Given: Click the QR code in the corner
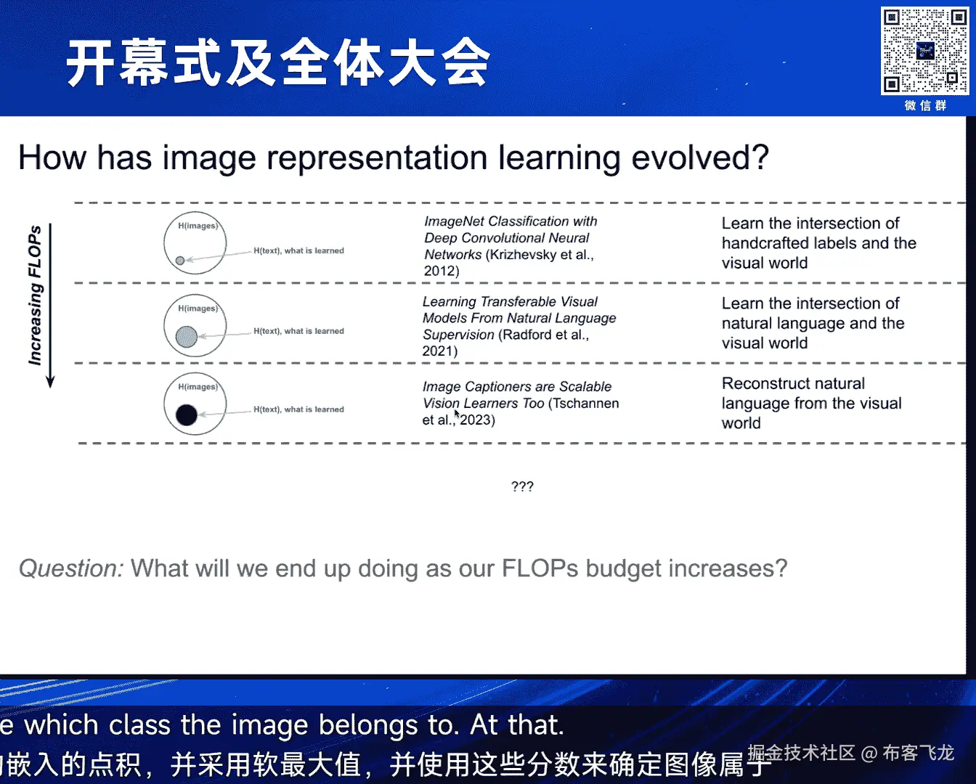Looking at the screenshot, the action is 924,51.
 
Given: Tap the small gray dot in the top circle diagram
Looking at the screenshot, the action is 180,261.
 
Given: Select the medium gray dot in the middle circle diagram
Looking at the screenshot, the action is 187,336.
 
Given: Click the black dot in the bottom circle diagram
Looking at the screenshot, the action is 187,415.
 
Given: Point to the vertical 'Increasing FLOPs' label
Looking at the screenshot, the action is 35,295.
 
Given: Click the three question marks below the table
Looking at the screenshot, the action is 522,486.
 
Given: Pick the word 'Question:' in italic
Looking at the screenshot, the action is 71,568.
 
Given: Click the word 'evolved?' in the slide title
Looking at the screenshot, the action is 700,158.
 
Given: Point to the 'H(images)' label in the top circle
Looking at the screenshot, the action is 198,226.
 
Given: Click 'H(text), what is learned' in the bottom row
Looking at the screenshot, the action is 298,409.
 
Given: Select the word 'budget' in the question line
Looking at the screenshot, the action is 624,569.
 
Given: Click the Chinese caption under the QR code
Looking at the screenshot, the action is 925,106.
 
